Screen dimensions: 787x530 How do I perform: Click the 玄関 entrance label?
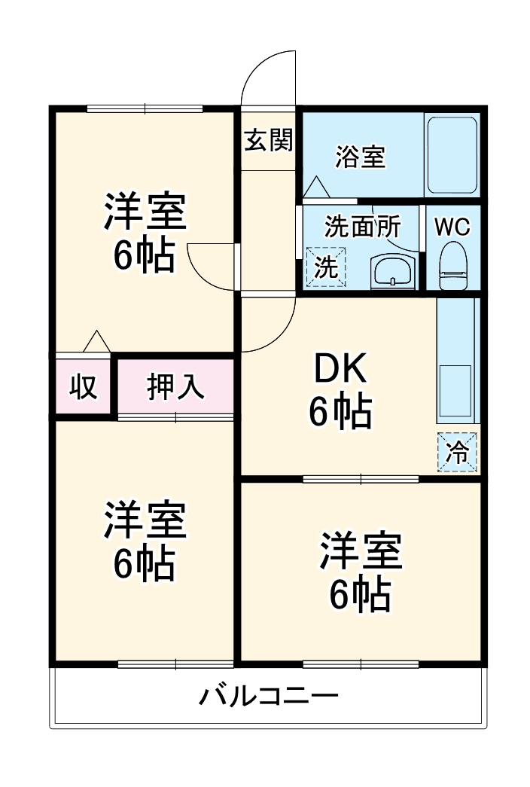click(267, 140)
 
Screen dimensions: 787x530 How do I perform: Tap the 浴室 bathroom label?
click(360, 157)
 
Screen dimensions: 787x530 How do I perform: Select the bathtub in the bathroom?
click(452, 155)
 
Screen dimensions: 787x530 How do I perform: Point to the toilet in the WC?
click(453, 264)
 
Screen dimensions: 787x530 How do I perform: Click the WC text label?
click(452, 227)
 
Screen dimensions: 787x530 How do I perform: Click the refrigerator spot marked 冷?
click(457, 453)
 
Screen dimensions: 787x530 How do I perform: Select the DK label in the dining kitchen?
click(339, 371)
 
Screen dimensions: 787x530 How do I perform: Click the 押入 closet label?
click(175, 386)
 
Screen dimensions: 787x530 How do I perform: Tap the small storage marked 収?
click(83, 386)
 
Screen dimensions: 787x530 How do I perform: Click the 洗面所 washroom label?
click(362, 226)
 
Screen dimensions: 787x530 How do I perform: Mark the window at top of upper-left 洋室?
click(145, 108)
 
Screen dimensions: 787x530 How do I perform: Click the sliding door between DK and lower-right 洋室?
click(361, 478)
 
